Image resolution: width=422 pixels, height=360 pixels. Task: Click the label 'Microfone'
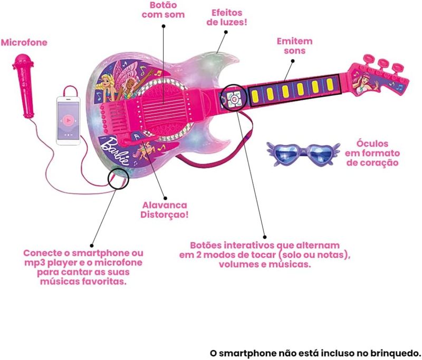pos(23,42)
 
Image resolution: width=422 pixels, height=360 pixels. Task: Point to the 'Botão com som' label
pos(163,10)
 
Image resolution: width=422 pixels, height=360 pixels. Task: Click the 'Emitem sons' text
pos(294,46)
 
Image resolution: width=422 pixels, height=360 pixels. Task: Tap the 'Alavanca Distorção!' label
pos(165,209)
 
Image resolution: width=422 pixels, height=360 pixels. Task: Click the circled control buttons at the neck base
pos(234,97)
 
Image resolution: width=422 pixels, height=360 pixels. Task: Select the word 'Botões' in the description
pos(207,246)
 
